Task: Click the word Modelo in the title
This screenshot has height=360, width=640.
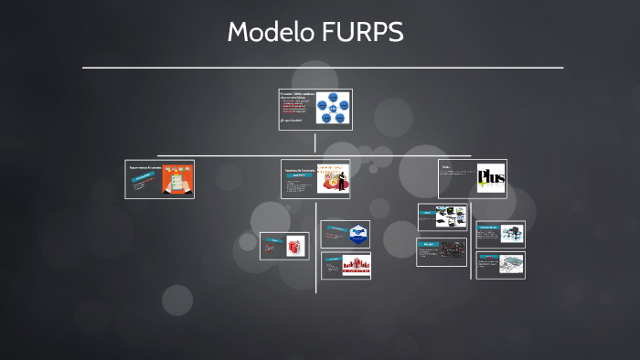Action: (271, 32)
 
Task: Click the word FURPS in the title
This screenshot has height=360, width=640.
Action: (363, 32)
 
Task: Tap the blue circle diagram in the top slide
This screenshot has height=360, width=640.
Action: (333, 108)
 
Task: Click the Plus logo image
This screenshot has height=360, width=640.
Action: (490, 178)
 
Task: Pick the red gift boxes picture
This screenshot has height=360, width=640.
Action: (293, 245)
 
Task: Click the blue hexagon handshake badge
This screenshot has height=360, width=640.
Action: (357, 233)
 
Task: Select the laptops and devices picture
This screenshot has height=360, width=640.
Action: (453, 217)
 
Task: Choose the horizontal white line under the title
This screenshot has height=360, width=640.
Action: (322, 68)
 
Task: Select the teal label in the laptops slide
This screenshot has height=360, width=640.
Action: (428, 211)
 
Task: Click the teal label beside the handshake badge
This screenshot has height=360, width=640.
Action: (336, 229)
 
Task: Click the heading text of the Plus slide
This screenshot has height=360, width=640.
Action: (447, 167)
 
